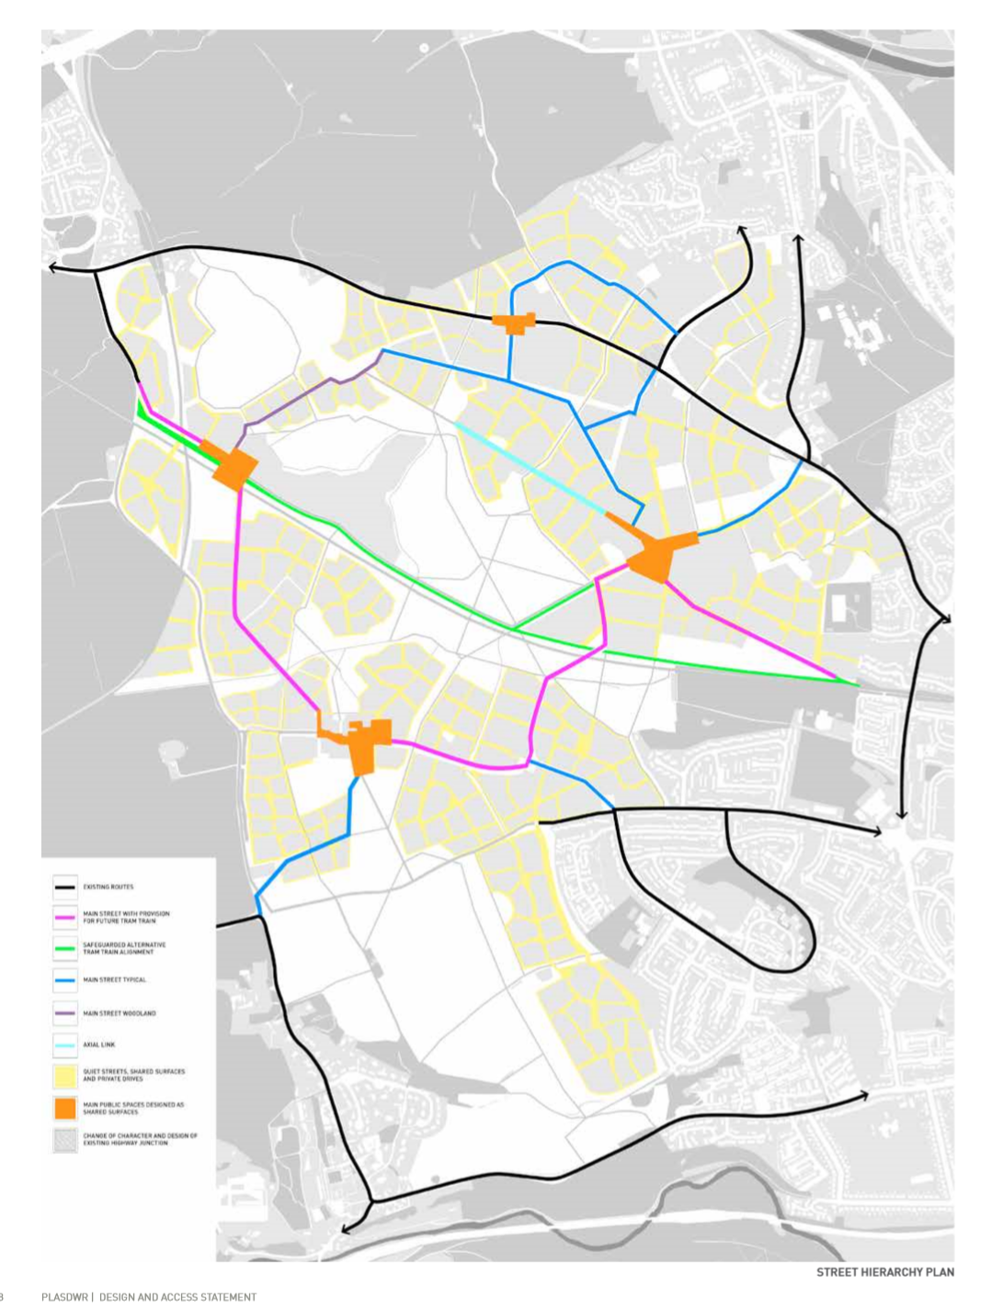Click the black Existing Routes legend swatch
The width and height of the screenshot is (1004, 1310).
click(x=64, y=887)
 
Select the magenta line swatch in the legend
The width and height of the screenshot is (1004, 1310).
click(x=64, y=917)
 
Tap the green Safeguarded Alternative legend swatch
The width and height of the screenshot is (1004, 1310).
click(x=64, y=948)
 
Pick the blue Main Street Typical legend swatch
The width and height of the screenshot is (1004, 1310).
click(x=64, y=980)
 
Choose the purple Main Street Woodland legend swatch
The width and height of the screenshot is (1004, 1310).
click(x=64, y=1013)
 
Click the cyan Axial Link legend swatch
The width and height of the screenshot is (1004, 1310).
click(x=64, y=1045)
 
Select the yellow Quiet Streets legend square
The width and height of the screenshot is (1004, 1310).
click(x=64, y=1075)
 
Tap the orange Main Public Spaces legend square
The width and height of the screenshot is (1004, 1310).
click(x=64, y=1108)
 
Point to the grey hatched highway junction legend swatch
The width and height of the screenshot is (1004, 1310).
click(x=64, y=1140)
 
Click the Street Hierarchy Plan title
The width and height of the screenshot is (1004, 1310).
click(x=884, y=1272)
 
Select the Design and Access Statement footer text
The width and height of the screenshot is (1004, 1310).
click(x=177, y=1297)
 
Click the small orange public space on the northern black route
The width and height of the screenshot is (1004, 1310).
click(x=513, y=322)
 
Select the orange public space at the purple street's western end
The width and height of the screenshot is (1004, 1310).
click(x=233, y=468)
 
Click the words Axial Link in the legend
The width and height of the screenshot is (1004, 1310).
click(x=99, y=1045)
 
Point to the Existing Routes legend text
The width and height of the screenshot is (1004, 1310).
click(x=108, y=887)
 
